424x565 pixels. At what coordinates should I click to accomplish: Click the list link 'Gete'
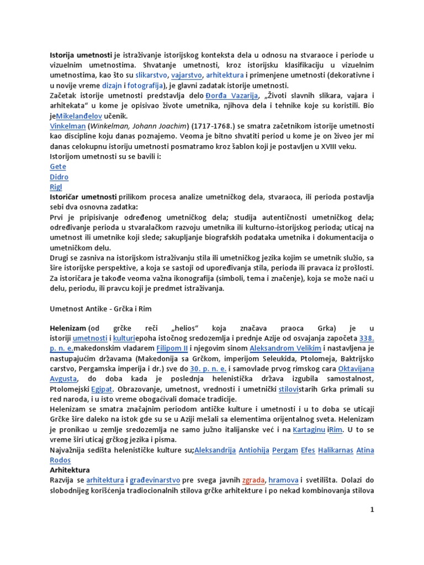[58, 167]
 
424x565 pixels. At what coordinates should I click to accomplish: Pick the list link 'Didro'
[59, 177]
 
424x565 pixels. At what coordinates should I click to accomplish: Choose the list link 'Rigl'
[56, 187]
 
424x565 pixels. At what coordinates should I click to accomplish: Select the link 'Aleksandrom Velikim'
[282, 349]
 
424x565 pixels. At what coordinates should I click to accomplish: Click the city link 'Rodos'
[60, 460]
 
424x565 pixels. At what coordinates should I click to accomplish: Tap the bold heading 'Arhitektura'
[70, 470]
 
